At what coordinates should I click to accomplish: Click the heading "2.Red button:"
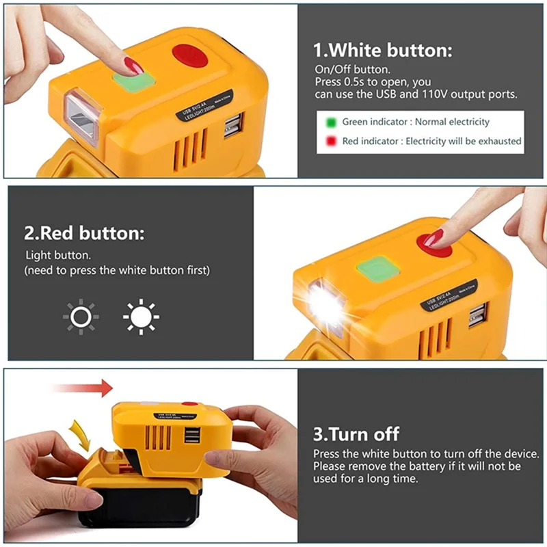point(84,233)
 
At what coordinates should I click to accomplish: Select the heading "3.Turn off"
point(356,433)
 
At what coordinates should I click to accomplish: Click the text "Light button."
point(58,255)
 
